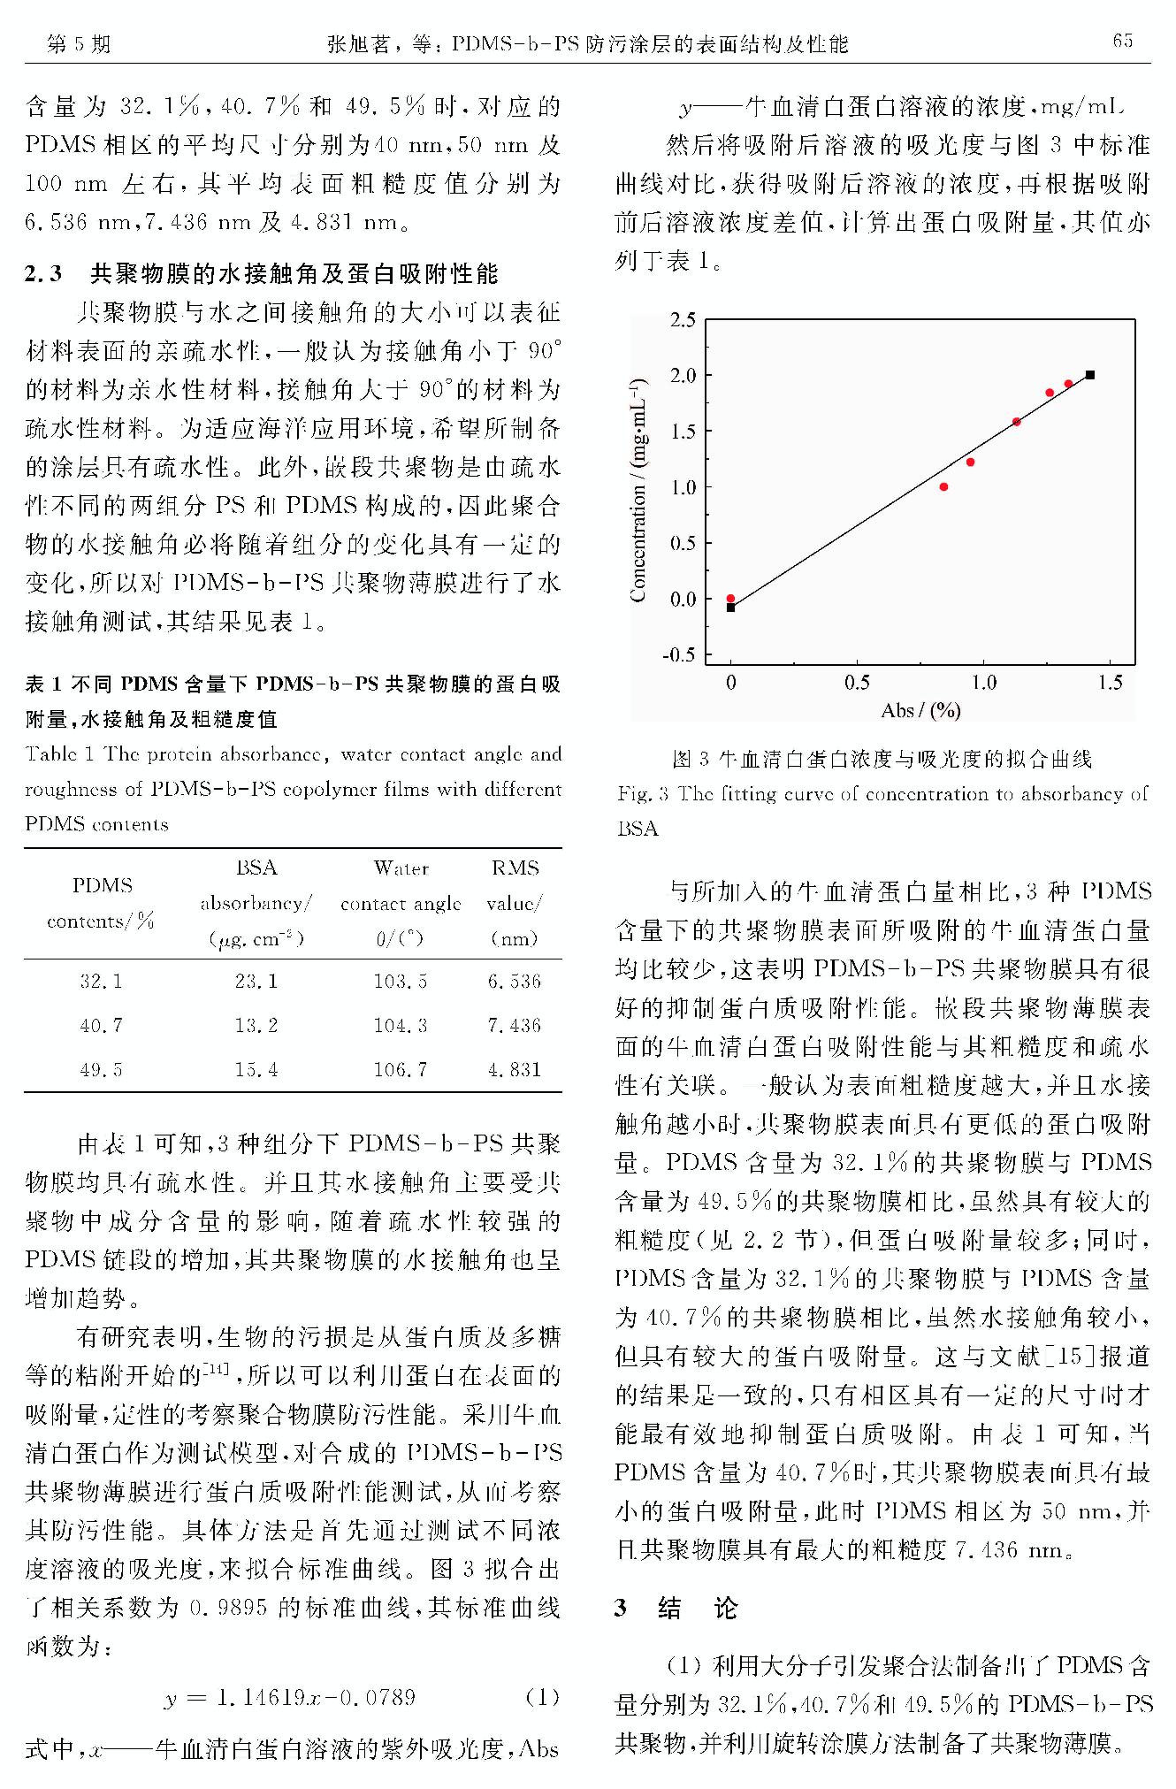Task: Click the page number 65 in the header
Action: pos(1122,41)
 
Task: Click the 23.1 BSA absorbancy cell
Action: pos(256,981)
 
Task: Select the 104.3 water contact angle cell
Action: pos(401,1025)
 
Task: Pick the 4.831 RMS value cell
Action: pos(515,1069)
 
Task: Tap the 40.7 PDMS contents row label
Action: pos(102,1025)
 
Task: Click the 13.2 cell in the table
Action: pos(256,1025)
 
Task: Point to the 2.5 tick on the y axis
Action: pos(683,320)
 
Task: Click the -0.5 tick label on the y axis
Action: pos(679,655)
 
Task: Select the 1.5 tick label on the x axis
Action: pos(1110,683)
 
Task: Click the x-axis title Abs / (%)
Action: pos(920,710)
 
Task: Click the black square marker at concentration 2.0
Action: pos(1090,375)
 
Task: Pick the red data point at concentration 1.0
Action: pos(943,486)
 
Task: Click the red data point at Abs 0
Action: pos(730,599)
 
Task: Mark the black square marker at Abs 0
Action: pos(730,608)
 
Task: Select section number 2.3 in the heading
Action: pos(43,274)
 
